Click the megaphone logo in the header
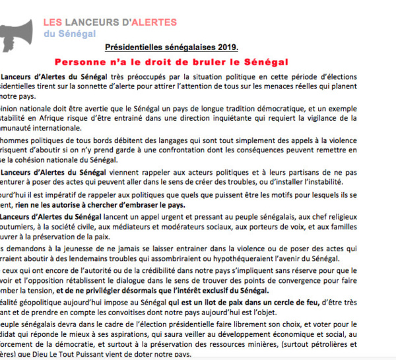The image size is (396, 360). [16, 33]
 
